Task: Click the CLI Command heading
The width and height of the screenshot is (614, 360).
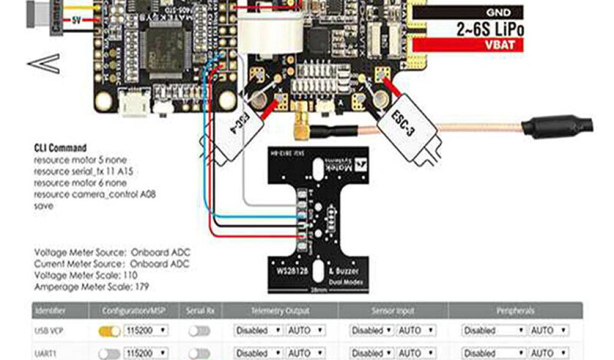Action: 61,148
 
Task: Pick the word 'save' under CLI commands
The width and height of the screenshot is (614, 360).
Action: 44,206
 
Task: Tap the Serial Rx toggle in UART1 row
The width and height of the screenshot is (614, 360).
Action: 199,353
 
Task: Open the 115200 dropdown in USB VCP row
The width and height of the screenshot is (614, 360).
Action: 146,331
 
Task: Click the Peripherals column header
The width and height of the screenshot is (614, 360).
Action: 516,311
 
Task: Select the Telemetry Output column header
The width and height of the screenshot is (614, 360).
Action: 281,311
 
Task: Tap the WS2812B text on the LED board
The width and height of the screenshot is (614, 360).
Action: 293,271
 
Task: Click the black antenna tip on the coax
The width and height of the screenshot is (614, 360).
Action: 558,127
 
